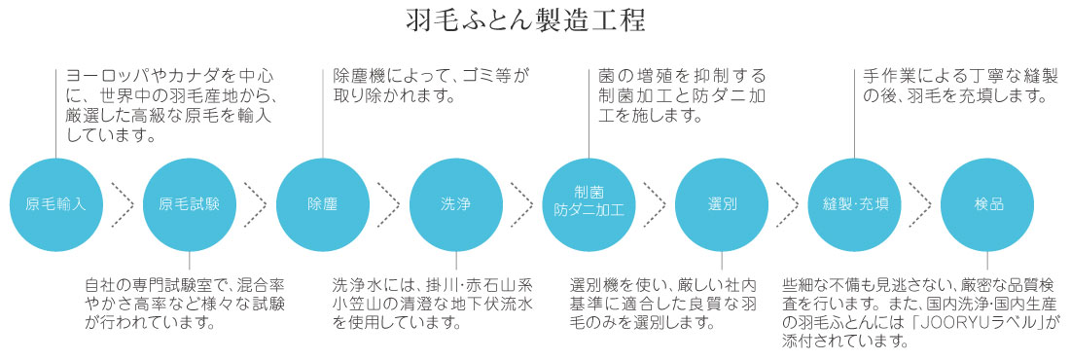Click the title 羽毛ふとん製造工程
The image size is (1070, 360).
point(534,22)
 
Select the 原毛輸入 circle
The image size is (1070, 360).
point(56,204)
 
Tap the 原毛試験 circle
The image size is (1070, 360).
point(189,204)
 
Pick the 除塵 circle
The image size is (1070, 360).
point(322,204)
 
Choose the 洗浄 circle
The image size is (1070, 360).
point(455,204)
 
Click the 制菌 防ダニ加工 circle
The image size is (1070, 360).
point(588,204)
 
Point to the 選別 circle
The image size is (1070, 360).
point(722,204)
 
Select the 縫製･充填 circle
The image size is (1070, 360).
point(855,204)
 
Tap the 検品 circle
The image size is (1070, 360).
point(988,204)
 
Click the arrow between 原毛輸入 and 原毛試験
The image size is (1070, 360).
point(123,204)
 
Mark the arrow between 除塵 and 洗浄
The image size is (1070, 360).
point(389,204)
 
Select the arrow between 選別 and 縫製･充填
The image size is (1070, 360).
point(789,204)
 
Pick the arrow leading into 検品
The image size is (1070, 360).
point(922,204)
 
